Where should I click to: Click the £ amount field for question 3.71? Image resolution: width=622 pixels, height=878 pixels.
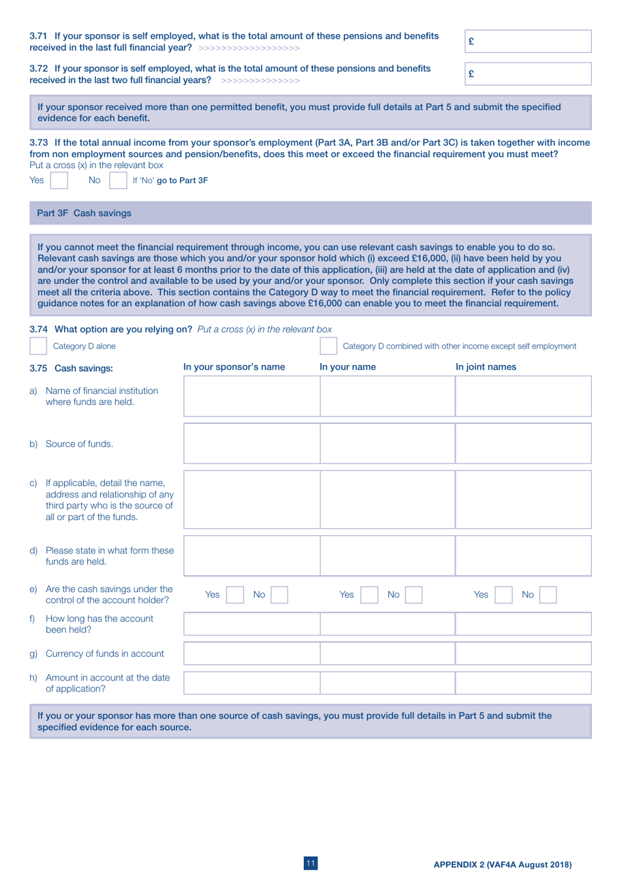528,41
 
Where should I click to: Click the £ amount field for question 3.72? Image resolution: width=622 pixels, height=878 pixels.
528,74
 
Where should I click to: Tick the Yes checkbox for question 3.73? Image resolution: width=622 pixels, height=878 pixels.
59,181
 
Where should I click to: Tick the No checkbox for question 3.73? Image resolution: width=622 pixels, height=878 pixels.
118,181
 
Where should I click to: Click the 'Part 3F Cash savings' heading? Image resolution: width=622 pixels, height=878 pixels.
84,213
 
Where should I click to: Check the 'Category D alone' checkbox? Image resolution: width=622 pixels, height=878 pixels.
39,346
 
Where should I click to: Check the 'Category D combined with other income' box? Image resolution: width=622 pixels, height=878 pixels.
328,346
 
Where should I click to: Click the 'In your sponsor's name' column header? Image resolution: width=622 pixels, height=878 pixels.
234,367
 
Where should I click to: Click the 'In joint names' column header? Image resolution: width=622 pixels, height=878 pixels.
485,367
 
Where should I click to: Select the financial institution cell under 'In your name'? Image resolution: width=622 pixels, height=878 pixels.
387,396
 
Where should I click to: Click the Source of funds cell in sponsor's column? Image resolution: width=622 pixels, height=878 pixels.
251,444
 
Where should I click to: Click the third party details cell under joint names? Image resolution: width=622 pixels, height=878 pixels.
523,500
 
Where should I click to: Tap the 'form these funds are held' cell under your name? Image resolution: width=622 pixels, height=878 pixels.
387,556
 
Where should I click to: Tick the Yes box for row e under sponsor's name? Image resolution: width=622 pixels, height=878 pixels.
234,595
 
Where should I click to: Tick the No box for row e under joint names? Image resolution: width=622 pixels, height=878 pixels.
548,595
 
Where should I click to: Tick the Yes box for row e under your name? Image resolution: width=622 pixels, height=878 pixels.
369,595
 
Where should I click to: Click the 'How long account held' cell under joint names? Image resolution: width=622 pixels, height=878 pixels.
523,624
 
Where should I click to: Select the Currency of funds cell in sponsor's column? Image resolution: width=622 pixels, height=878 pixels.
251,654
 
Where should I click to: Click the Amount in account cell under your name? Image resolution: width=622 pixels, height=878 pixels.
387,683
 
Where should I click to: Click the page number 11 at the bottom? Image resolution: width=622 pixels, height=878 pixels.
310,864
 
